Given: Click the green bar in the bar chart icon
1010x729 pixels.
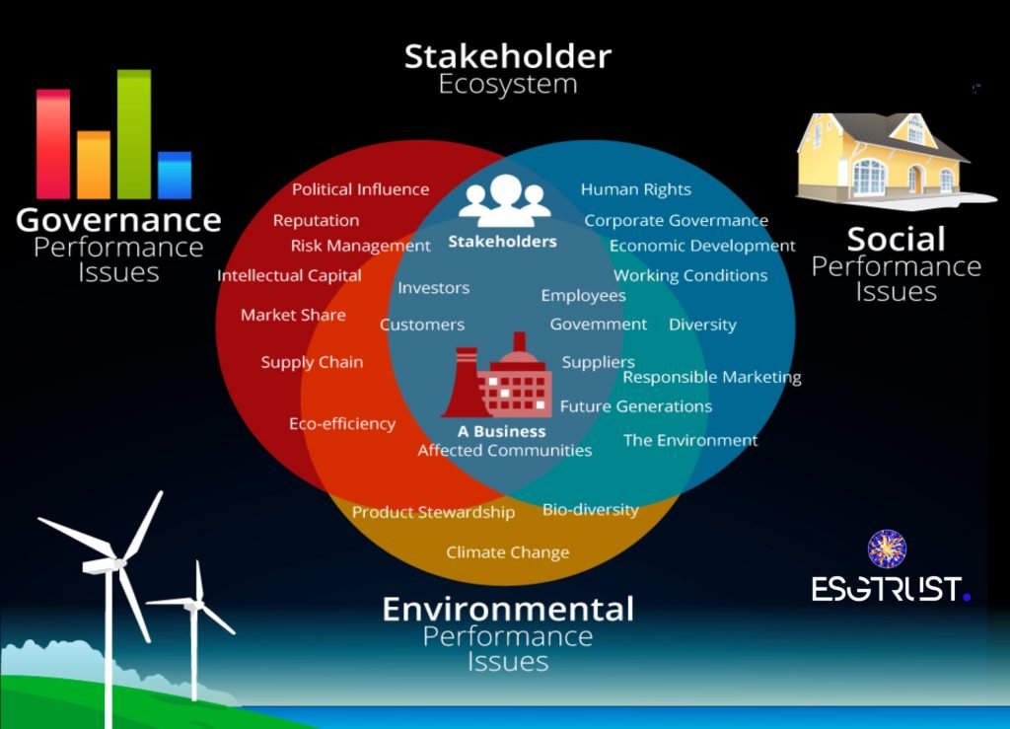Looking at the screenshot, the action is click(134, 134).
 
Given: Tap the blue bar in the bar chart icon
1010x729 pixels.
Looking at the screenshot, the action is click(175, 176).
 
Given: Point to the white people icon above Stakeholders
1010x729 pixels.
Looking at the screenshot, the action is click(504, 200).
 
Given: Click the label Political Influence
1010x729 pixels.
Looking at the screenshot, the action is click(360, 189).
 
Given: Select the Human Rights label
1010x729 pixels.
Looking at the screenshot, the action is click(636, 189).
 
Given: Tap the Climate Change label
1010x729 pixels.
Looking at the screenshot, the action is click(508, 552).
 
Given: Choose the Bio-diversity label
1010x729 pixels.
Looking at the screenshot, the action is click(591, 510).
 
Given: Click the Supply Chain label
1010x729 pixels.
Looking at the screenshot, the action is click(312, 362).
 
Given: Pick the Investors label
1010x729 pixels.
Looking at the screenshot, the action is click(434, 288).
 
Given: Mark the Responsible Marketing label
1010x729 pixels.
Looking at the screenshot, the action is click(712, 378).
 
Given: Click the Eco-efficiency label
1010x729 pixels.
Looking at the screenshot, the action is click(342, 424).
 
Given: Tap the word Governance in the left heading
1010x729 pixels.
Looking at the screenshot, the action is click(118, 220).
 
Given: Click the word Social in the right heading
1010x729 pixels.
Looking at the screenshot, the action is click(896, 239).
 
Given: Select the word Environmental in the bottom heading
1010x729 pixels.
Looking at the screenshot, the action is click(508, 610).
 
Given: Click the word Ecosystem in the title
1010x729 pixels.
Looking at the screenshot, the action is click(508, 85).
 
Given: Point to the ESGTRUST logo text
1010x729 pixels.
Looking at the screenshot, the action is click(891, 589).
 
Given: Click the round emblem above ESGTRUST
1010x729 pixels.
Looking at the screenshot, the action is click(887, 548).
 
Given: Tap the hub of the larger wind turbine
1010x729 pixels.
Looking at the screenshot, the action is click(119, 563).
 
